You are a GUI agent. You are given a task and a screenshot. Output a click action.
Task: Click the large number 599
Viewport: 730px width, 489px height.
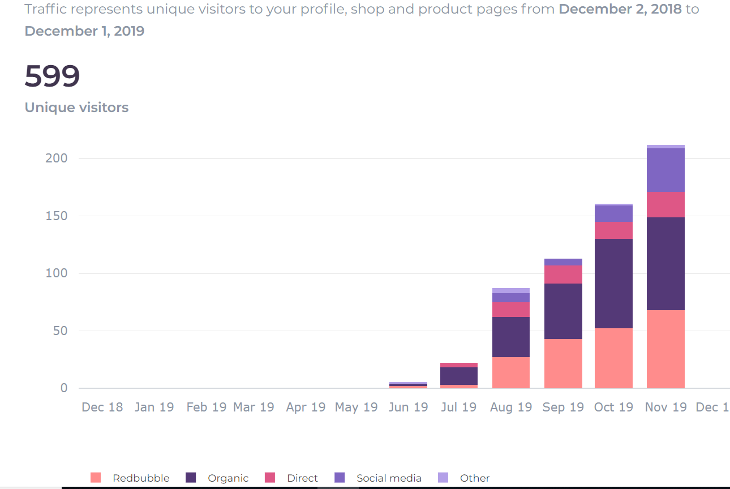coord(52,76)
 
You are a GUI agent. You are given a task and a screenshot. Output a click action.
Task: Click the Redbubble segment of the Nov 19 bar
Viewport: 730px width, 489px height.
coord(665,349)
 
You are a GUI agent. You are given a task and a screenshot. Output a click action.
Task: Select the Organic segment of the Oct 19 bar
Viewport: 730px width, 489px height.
coord(613,283)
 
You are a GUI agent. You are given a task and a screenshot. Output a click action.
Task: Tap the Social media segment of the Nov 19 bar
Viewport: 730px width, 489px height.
coord(665,170)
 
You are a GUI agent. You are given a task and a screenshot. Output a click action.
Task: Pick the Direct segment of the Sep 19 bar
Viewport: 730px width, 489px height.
coord(563,274)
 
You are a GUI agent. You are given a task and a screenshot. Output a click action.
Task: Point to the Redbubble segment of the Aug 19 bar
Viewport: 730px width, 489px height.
coord(511,372)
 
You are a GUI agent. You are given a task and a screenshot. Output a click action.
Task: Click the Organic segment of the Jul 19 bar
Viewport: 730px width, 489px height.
coord(459,376)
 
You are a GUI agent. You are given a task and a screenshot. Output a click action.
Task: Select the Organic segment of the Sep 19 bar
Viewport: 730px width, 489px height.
coord(563,311)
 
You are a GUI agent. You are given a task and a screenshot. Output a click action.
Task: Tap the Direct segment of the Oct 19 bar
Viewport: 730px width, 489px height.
coord(613,230)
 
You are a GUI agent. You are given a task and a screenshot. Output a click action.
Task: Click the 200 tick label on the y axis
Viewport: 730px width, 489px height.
coord(56,158)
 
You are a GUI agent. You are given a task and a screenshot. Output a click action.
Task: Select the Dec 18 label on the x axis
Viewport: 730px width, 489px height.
coord(102,407)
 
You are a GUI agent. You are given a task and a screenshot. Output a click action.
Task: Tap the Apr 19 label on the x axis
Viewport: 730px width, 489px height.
coord(306,407)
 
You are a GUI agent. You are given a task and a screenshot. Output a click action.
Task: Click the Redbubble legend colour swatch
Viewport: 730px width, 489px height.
coord(96,478)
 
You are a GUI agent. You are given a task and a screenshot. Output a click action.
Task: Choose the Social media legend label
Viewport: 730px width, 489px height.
coord(389,478)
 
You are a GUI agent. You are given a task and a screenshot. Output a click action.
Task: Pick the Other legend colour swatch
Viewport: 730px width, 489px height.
coord(443,478)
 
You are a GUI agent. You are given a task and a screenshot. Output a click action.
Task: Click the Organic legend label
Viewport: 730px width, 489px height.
coord(228,478)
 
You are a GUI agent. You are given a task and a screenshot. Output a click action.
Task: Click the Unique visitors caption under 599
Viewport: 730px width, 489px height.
coord(76,108)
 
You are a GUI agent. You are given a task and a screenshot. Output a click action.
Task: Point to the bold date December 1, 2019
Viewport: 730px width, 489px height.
coord(84,31)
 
